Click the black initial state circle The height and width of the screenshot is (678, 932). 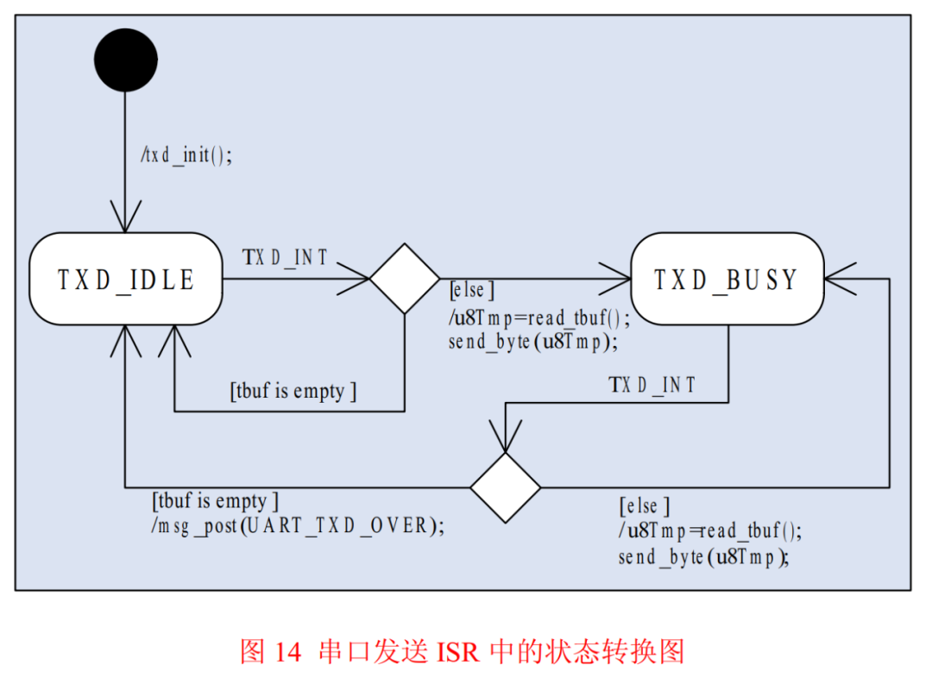click(125, 60)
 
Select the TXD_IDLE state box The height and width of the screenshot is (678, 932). click(125, 279)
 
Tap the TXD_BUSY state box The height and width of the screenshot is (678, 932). click(727, 279)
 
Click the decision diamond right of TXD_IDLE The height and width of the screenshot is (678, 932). click(404, 279)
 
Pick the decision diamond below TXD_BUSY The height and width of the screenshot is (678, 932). click(505, 487)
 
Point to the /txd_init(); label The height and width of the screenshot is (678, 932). click(187, 156)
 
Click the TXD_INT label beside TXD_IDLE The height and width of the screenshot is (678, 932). click(286, 257)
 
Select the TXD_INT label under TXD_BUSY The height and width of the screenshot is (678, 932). click(652, 385)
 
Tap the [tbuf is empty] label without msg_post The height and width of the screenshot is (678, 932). click(293, 391)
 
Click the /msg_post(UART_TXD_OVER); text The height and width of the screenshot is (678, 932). click(299, 525)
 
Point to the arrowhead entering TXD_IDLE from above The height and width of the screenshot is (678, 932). click(125, 221)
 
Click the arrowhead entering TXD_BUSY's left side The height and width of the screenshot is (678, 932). click(619, 279)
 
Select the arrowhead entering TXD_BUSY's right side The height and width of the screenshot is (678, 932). click(837, 279)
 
